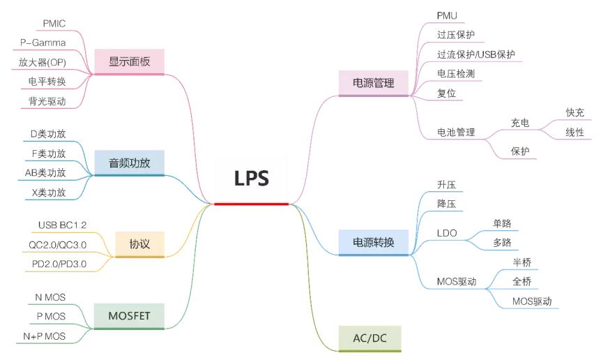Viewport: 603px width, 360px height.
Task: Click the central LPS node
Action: click(x=251, y=179)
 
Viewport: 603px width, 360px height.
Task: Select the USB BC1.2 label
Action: click(x=63, y=225)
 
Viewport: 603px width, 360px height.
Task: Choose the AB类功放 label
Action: click(x=43, y=172)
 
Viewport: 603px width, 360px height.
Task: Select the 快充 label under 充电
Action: click(x=574, y=112)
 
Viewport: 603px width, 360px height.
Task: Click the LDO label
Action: click(x=447, y=233)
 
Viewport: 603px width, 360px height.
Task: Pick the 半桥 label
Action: click(x=521, y=262)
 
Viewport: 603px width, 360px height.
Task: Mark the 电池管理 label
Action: click(x=455, y=131)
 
